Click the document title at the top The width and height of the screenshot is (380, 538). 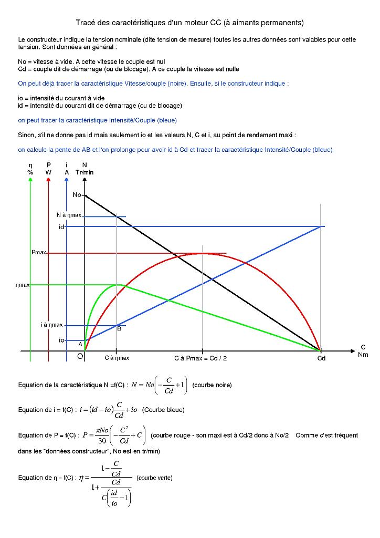189,23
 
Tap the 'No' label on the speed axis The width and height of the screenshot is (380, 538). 77,195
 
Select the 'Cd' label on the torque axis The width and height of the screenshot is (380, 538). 321,358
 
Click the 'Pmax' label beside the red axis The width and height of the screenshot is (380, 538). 39,253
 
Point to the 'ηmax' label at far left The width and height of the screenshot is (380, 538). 23,285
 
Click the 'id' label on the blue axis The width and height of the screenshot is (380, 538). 61,227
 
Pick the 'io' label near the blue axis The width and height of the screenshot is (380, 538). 61,340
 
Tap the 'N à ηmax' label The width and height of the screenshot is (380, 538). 69,215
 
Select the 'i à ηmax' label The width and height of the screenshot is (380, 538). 51,325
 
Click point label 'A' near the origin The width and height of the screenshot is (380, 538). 80,344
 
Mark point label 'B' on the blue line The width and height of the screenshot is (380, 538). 119,329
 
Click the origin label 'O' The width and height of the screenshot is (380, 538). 80,357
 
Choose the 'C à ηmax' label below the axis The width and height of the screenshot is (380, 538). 117,358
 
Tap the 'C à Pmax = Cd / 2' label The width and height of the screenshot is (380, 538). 200,358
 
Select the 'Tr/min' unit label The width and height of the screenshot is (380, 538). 85,172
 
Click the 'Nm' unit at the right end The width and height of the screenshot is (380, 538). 363,354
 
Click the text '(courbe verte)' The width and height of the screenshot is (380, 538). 154,478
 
